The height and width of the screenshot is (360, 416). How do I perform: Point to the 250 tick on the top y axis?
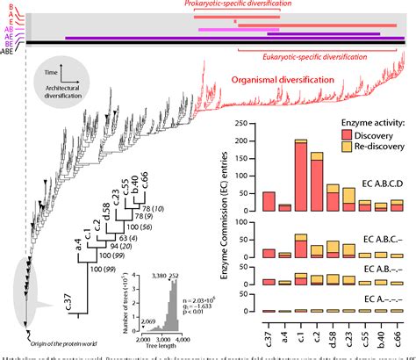tap(255, 126)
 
